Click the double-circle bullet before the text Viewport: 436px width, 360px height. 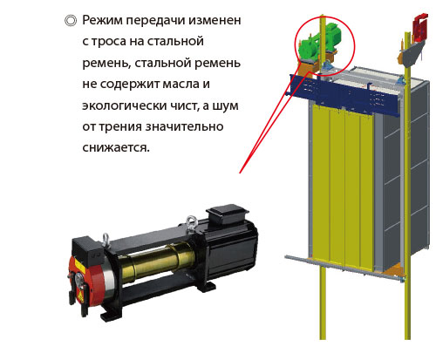tap(71, 21)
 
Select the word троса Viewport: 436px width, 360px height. tap(108, 42)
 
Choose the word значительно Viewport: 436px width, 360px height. tap(184, 127)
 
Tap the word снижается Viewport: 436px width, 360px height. tap(116, 147)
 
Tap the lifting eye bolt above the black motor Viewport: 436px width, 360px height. tap(192, 223)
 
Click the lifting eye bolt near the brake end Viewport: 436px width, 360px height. tap(106, 240)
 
